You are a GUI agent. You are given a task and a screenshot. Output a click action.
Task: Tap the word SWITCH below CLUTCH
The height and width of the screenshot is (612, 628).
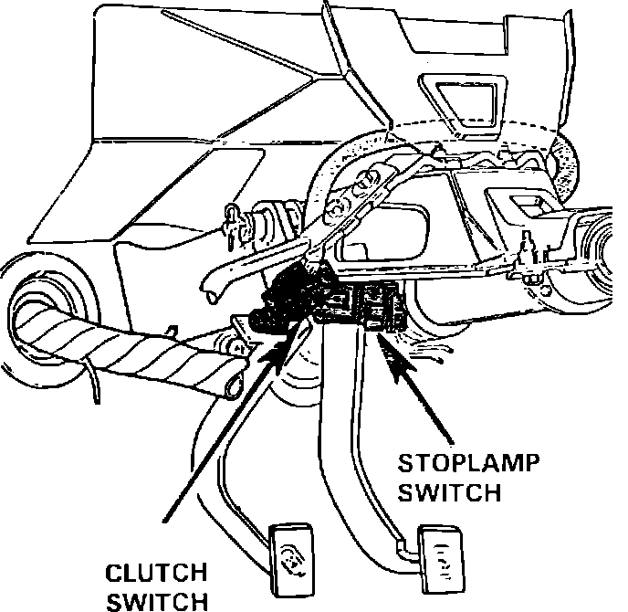click(158, 600)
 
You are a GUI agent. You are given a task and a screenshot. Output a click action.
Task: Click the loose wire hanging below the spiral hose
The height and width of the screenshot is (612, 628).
click(94, 384)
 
